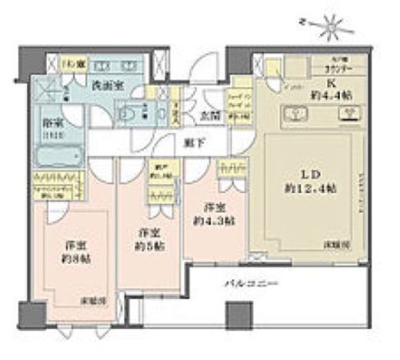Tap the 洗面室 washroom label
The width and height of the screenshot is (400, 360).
(x=105, y=85)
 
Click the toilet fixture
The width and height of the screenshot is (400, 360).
(x=129, y=111)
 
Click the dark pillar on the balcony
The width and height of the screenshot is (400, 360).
(x=233, y=315)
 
